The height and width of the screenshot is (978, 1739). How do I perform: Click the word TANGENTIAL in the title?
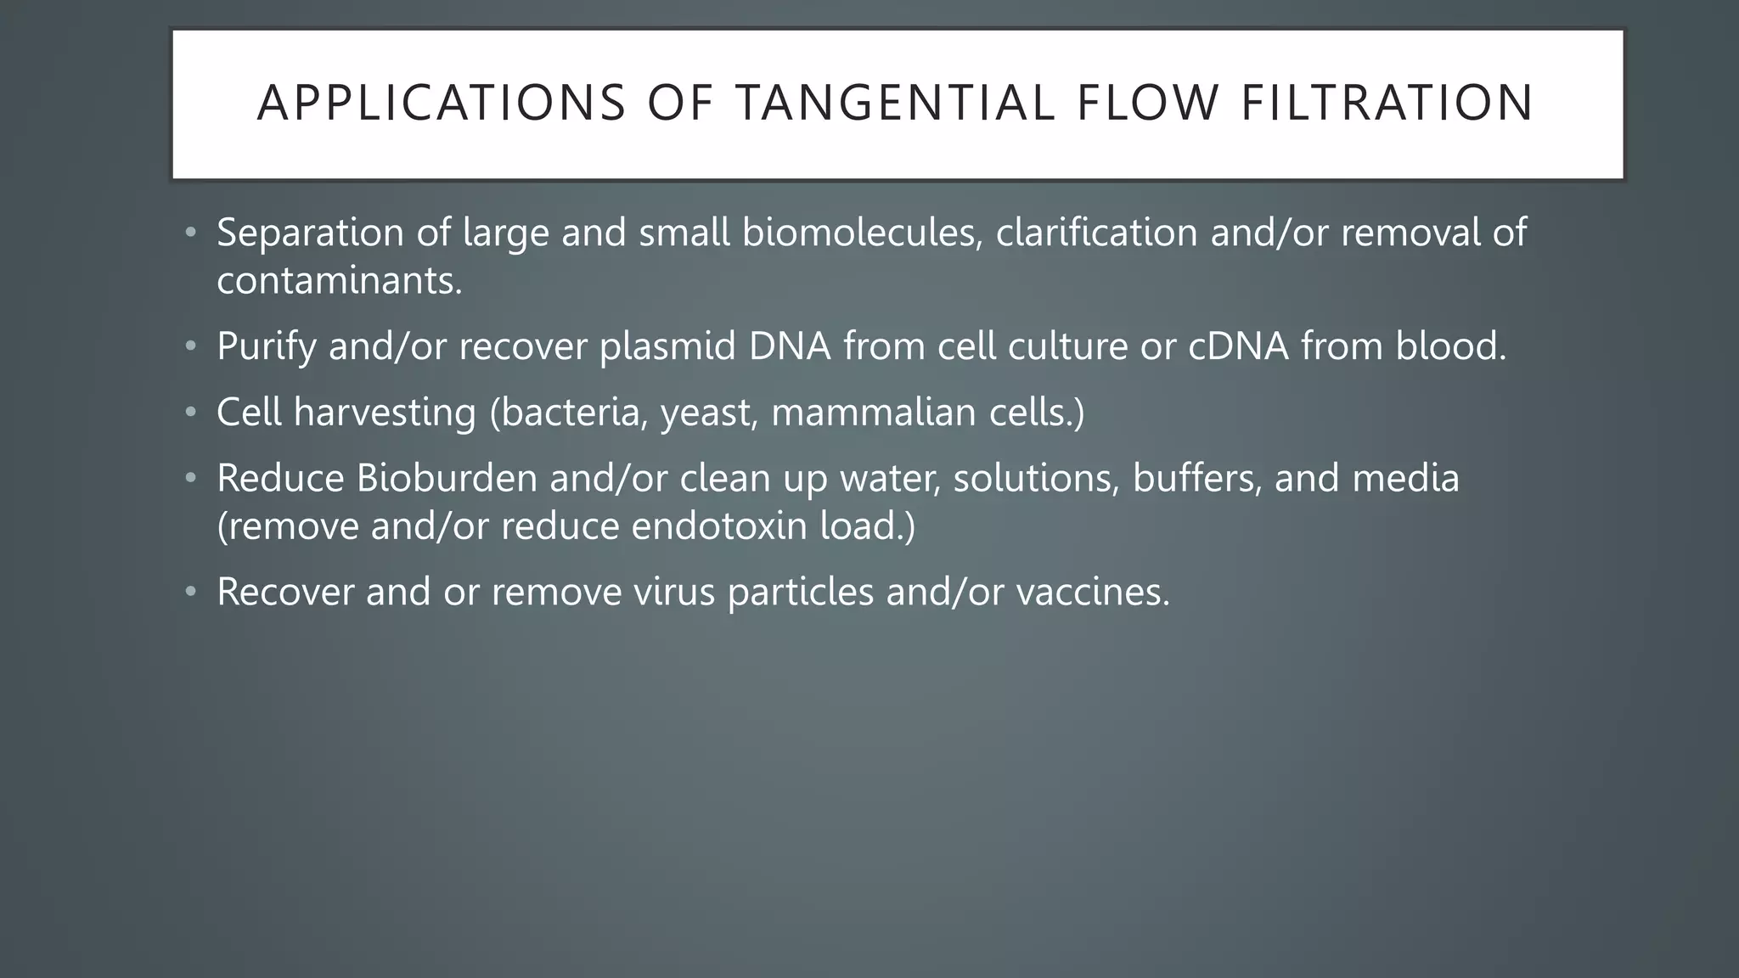click(895, 104)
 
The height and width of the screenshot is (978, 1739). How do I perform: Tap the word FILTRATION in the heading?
click(1387, 104)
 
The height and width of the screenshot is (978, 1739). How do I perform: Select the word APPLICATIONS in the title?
click(442, 104)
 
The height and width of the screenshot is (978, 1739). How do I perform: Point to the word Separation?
click(310, 233)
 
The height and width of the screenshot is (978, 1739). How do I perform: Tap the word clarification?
click(1096, 233)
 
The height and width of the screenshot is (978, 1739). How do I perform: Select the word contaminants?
click(339, 281)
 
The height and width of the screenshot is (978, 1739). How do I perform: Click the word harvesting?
click(385, 413)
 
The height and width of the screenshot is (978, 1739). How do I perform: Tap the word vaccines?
click(1093, 592)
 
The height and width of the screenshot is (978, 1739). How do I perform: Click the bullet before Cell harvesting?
click(191, 413)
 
